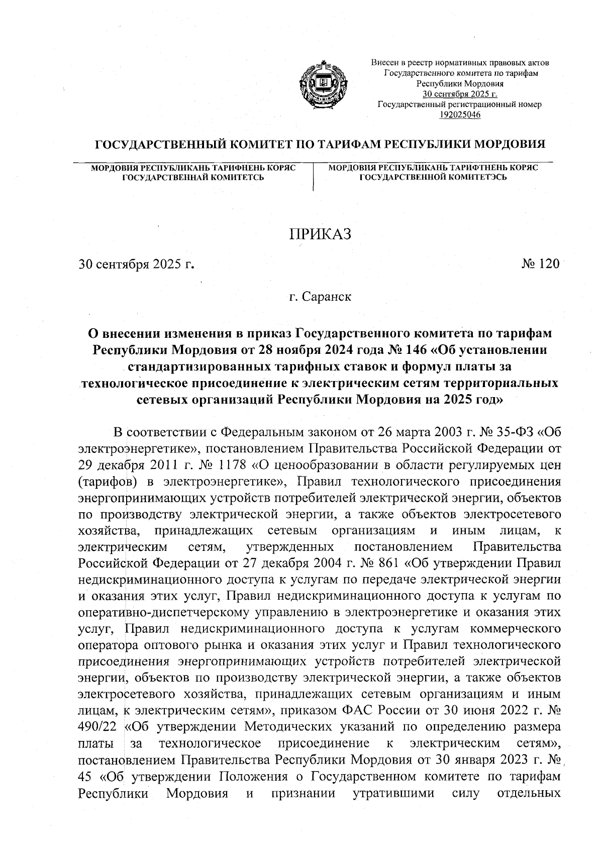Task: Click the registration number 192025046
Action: [x=460, y=115]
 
